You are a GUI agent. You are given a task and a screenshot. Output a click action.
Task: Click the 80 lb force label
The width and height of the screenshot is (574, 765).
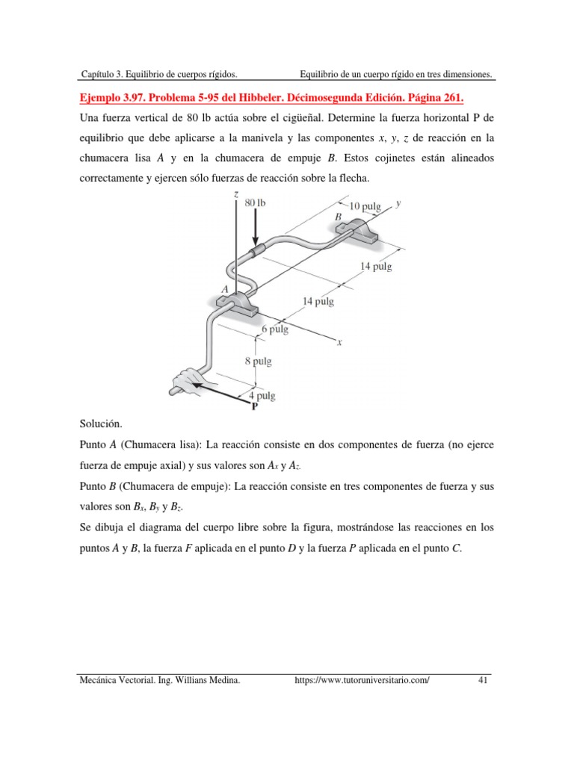click(x=255, y=203)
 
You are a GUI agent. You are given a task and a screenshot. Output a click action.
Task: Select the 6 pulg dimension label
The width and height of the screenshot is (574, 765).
click(x=275, y=328)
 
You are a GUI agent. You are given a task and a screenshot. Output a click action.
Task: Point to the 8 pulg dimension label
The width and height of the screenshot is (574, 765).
click(x=259, y=362)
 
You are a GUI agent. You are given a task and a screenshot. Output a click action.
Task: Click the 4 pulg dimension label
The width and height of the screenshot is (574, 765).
click(x=262, y=396)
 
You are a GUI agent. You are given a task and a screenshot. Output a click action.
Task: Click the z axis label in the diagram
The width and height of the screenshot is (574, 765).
click(x=235, y=194)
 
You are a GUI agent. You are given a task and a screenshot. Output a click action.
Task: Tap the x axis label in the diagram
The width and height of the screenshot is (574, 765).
click(x=339, y=343)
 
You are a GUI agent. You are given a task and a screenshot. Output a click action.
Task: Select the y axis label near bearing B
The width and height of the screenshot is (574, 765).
click(x=399, y=202)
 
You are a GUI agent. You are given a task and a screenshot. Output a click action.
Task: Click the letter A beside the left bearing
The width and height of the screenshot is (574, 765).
click(x=224, y=288)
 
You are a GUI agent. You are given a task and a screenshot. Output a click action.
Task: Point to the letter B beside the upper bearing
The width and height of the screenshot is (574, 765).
click(x=338, y=217)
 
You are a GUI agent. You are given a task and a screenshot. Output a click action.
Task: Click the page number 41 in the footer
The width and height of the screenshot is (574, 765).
click(x=482, y=680)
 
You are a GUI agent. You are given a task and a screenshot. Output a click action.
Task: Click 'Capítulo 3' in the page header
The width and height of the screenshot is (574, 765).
click(x=104, y=74)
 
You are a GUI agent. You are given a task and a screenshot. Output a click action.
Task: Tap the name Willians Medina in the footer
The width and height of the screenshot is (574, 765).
click(x=203, y=680)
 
